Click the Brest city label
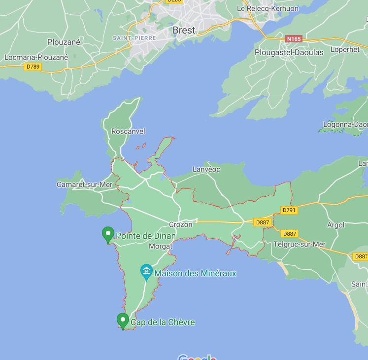pyautogui.click(x=184, y=30)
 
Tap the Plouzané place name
pyautogui.click(x=64, y=42)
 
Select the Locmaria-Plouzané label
pyautogui.click(x=36, y=57)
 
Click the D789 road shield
pyautogui.click(x=33, y=67)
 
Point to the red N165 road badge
pyautogui.click(x=294, y=38)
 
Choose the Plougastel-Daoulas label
pyautogui.click(x=289, y=52)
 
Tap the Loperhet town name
pyautogui.click(x=345, y=50)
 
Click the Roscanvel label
pyautogui.click(x=128, y=132)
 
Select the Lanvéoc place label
pyautogui.click(x=206, y=169)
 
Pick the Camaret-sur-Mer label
pyautogui.click(x=85, y=184)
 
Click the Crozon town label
pyautogui.click(x=180, y=224)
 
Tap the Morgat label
pyautogui.click(x=161, y=246)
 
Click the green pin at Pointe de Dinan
pyautogui.click(x=107, y=234)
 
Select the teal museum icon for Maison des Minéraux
pyautogui.click(x=146, y=272)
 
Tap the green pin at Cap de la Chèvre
pyautogui.click(x=122, y=321)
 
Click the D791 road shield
pyautogui.click(x=289, y=210)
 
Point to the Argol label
pyautogui.click(x=336, y=225)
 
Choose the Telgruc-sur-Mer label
pyautogui.click(x=300, y=244)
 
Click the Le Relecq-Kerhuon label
pyautogui.click(x=268, y=8)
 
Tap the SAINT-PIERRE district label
pyautogui.click(x=134, y=38)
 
